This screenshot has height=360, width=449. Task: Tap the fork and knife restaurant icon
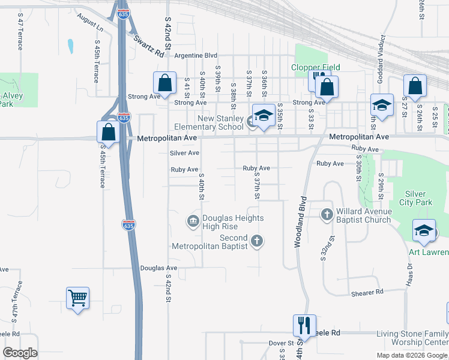coord(304,326)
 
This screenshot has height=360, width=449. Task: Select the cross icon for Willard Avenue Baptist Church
coord(327,214)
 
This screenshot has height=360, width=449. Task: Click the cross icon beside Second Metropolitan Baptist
coord(257,241)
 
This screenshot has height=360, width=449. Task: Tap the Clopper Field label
coord(316,67)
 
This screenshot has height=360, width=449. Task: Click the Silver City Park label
coord(411,198)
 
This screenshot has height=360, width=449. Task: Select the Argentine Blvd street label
coord(196,55)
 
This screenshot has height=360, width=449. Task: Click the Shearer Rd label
coord(367,292)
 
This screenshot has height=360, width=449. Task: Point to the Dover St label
coord(280,343)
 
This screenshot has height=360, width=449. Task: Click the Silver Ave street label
coord(184,153)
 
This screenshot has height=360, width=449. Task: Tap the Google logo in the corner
coord(20,353)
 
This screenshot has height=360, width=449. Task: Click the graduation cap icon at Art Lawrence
coord(424,231)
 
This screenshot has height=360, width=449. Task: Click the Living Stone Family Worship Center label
coord(412,338)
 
